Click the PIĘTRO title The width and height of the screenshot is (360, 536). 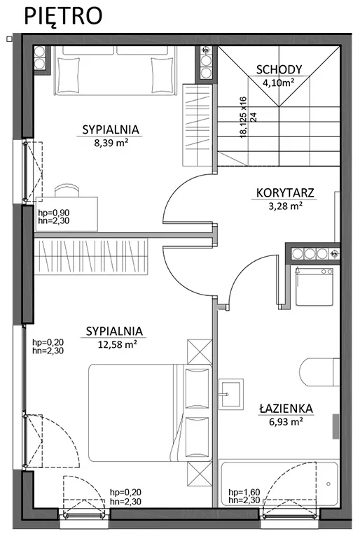[x=63, y=16]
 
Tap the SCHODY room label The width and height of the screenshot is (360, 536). [x=279, y=70]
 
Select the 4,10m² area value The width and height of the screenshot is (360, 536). [x=279, y=82]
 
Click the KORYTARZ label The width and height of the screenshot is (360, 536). [x=285, y=193]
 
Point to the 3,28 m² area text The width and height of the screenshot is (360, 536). [x=285, y=206]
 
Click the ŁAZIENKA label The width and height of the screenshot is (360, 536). [x=286, y=408]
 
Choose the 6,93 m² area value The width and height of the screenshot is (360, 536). [x=286, y=421]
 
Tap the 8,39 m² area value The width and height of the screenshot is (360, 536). [x=111, y=143]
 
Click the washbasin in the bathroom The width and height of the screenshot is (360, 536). [x=231, y=394]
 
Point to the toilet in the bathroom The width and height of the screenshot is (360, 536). [x=319, y=372]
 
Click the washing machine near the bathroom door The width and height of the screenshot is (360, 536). [x=314, y=286]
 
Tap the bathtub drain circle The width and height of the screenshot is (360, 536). [x=328, y=484]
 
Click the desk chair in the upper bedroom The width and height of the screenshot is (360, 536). [x=67, y=190]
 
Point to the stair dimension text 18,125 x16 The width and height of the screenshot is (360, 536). [x=243, y=118]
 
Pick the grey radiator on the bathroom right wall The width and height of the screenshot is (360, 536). [x=335, y=426]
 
